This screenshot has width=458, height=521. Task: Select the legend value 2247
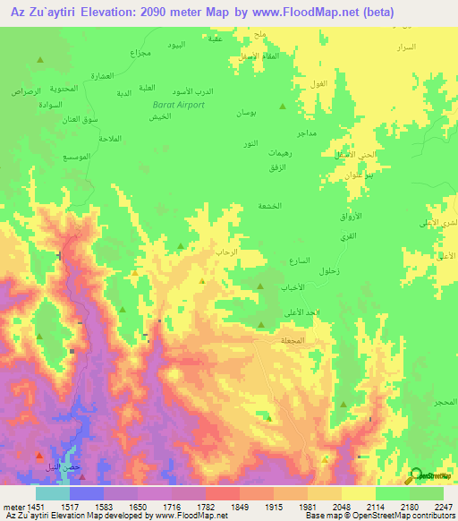(442, 506)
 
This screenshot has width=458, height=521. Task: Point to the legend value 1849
(238, 506)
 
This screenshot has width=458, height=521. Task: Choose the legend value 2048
(340, 506)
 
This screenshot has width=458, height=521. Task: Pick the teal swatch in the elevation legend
(53, 493)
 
